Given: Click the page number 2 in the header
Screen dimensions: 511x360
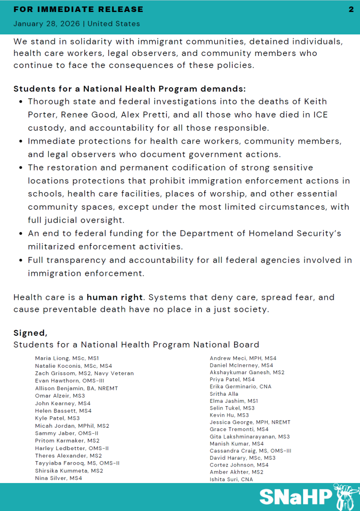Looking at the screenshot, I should pos(351,9).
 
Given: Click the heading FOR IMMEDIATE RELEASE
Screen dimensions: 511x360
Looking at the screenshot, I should pos(78,9).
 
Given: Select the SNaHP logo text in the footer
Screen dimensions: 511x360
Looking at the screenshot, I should pos(296,498).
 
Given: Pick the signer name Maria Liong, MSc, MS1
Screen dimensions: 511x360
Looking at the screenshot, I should pos(67,358).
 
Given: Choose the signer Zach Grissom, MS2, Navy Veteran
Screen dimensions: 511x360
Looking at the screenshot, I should pos(84,373).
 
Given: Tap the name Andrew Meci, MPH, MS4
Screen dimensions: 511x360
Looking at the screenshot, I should pos(243,358).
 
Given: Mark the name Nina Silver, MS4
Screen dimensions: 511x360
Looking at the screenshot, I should pos(58,478).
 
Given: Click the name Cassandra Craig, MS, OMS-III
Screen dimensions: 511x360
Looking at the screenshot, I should pos(250,451).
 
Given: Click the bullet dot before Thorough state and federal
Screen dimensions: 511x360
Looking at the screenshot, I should pos(20,102).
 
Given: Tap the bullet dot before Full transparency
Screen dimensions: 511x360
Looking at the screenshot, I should pos(20,260).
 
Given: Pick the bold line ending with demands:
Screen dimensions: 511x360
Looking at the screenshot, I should pos(130,89).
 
